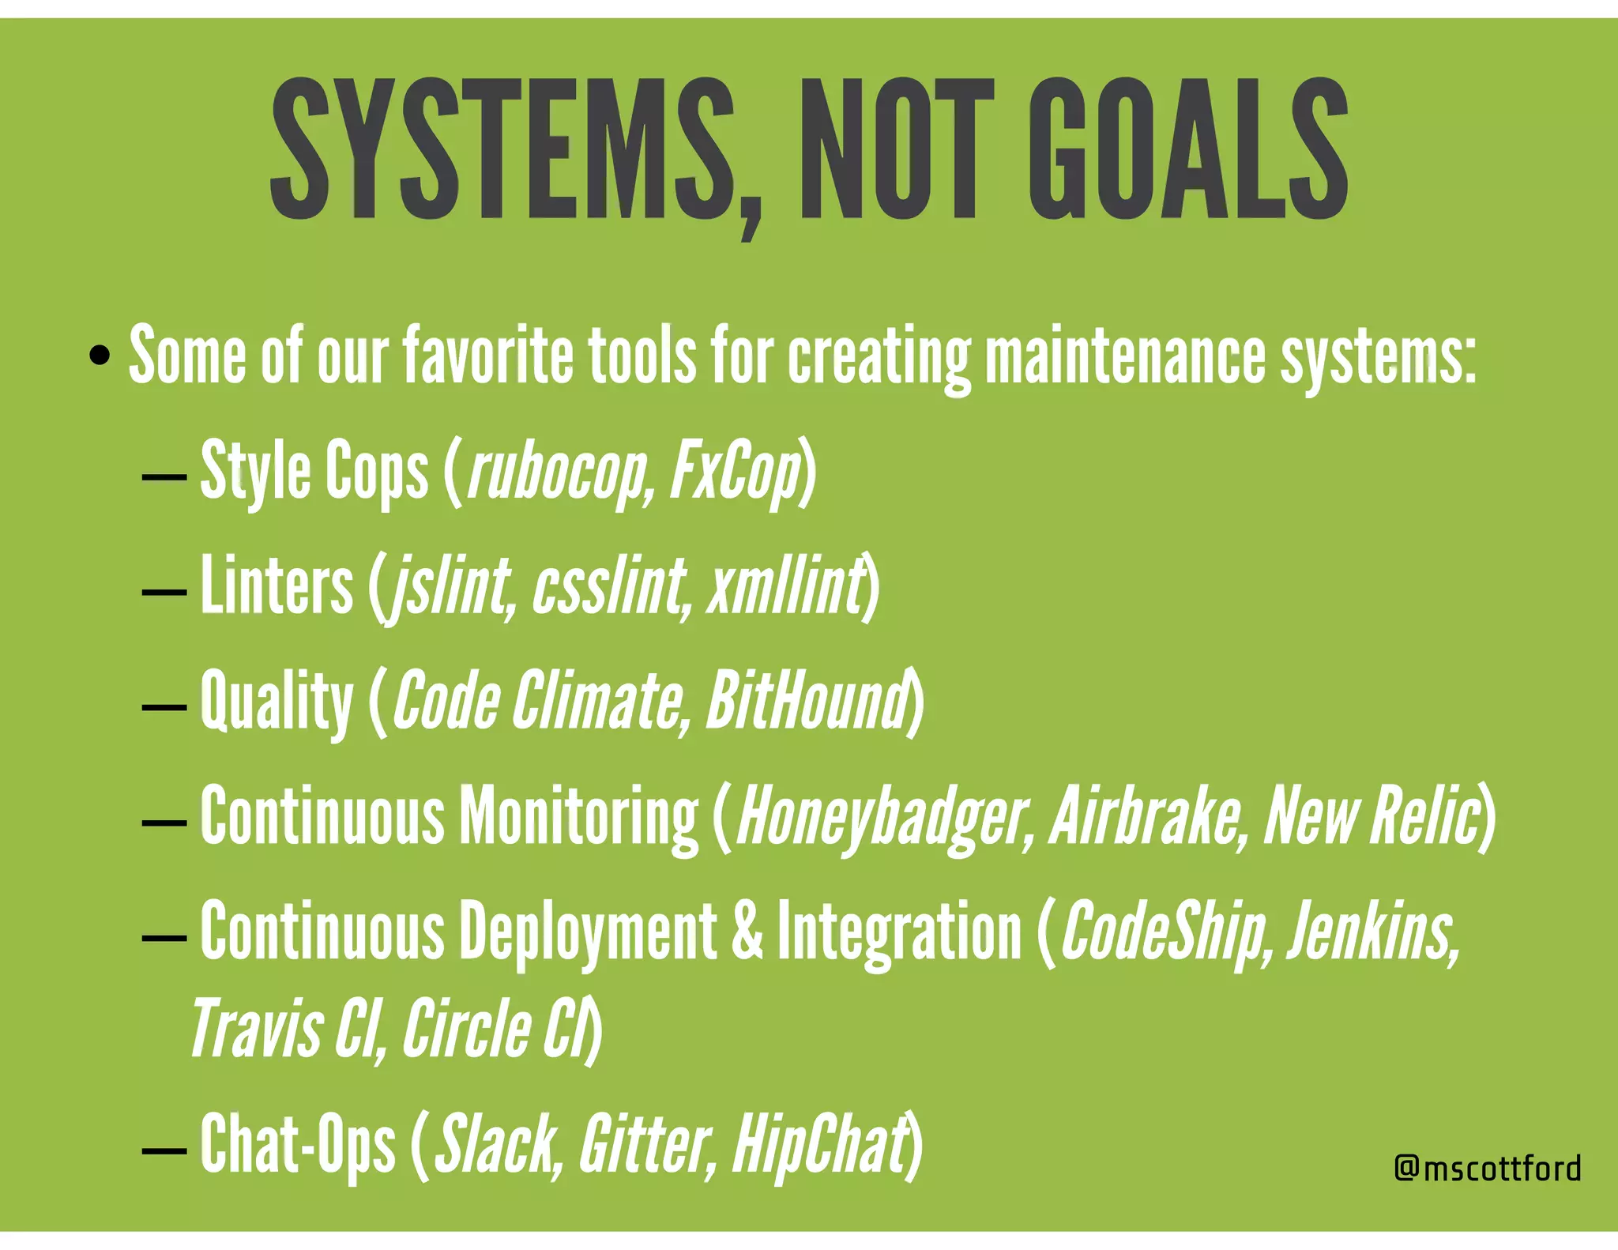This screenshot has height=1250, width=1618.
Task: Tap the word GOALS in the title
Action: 1187,150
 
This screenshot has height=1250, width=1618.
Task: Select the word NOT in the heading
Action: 897,150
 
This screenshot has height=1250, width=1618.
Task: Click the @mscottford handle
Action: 1488,1168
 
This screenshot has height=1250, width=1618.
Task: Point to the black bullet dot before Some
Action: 100,355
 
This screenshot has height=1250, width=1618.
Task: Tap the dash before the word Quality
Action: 164,706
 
